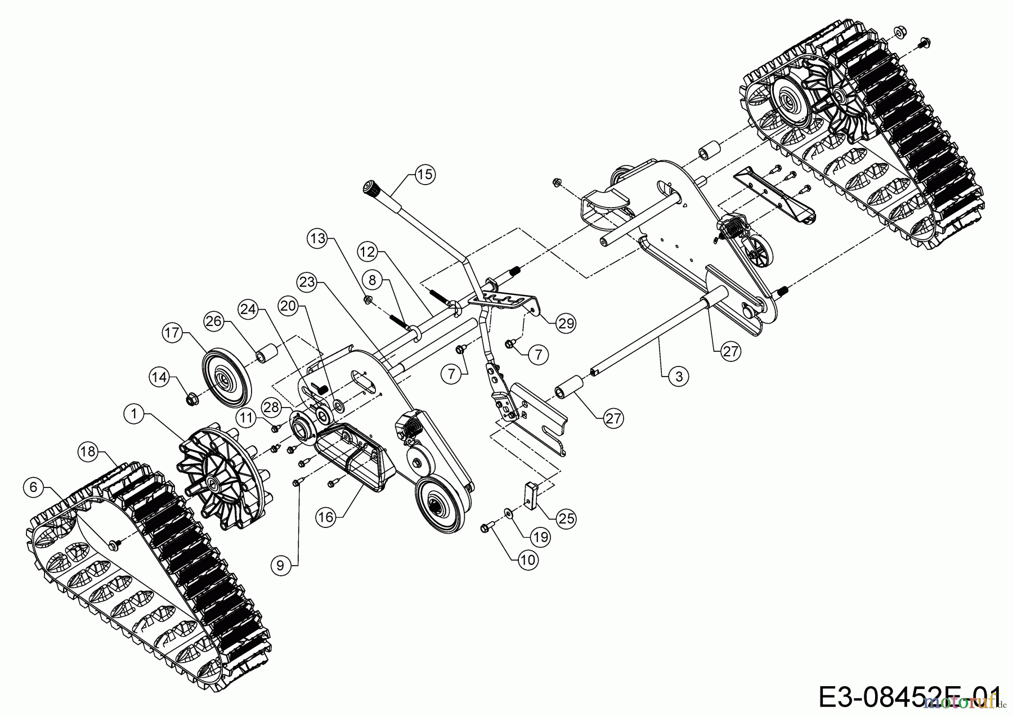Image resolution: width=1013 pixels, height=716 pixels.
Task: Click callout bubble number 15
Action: pyautogui.click(x=425, y=174)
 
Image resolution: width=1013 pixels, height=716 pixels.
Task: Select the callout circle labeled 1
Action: pyautogui.click(x=134, y=414)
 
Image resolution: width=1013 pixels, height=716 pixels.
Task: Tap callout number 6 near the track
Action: pyautogui.click(x=34, y=487)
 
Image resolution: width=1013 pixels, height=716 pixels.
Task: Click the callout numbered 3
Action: pyautogui.click(x=679, y=375)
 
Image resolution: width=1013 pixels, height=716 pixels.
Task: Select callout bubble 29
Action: pyautogui.click(x=566, y=323)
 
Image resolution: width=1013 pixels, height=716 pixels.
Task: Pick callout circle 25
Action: pyautogui.click(x=566, y=518)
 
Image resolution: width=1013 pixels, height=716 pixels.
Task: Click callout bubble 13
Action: pyautogui.click(x=319, y=239)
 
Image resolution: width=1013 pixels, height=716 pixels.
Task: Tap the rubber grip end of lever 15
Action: pyautogui.click(x=371, y=188)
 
